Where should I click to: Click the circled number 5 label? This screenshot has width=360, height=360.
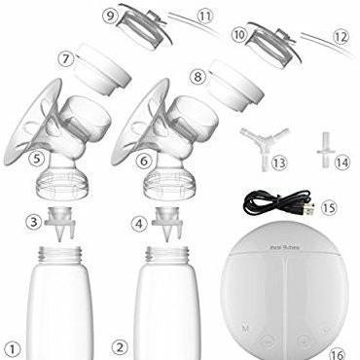(38, 157)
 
